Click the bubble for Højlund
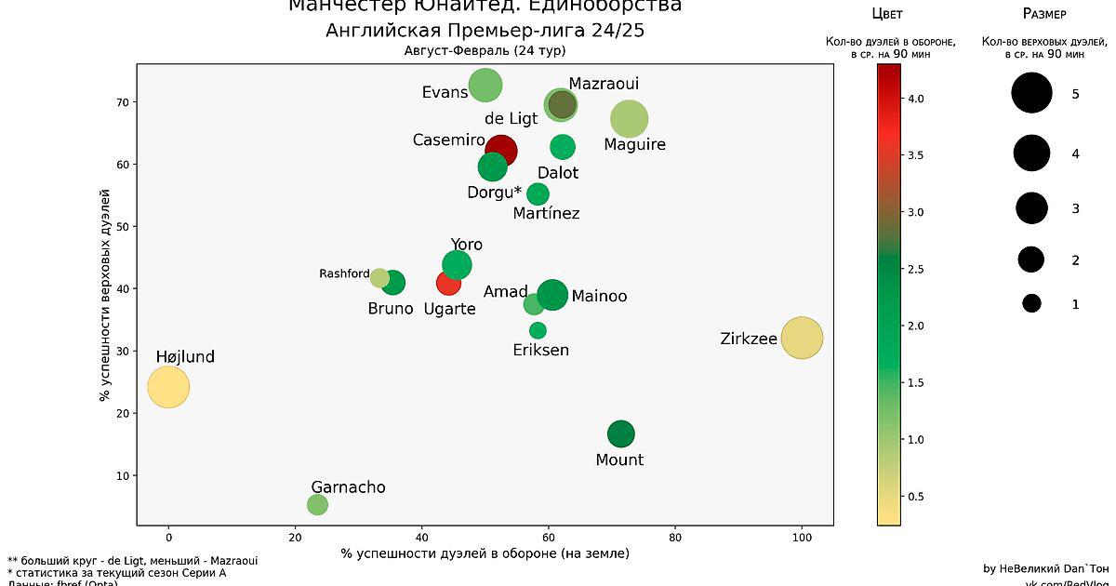coord(168,387)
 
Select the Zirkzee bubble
coord(802,338)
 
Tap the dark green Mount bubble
coord(620,433)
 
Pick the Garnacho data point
coord(317,504)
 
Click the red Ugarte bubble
coord(448,283)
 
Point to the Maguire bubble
coord(630,119)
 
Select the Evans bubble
coord(485,86)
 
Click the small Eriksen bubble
coord(538,330)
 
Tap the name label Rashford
coord(344,273)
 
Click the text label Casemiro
coord(449,140)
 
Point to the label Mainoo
coord(599,297)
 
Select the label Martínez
coord(547,214)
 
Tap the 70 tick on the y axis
coord(121,102)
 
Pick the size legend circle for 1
coord(1031,303)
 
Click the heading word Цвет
coord(886,14)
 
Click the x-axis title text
coord(485,553)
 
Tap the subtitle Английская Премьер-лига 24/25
coord(485,31)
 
